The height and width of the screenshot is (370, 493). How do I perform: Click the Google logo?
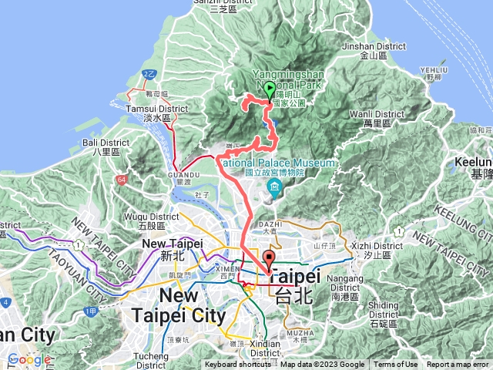(x=29, y=359)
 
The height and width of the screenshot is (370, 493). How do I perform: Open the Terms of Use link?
(x=396, y=365)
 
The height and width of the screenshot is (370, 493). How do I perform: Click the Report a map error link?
(x=458, y=365)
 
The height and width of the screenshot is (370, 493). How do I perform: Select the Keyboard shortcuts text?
(x=237, y=365)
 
